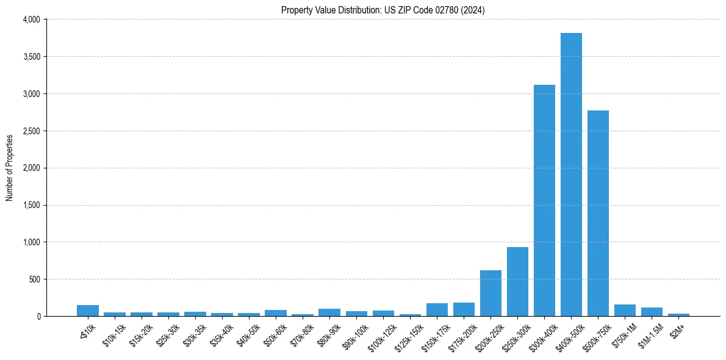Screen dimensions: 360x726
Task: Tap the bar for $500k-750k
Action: (598, 213)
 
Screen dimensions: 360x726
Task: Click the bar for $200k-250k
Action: (491, 293)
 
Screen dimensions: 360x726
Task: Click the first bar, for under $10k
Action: (88, 311)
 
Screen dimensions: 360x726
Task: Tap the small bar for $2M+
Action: (678, 314)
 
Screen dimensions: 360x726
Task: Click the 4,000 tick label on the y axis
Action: (31, 20)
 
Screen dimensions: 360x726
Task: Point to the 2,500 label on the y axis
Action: (31, 131)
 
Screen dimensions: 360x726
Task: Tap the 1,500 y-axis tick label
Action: (31, 205)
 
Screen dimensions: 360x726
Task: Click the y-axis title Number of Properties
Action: (10, 168)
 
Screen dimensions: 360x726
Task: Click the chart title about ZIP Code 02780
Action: (383, 10)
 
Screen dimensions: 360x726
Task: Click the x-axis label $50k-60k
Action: (274, 333)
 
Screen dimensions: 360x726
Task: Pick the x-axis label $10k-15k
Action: (113, 333)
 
